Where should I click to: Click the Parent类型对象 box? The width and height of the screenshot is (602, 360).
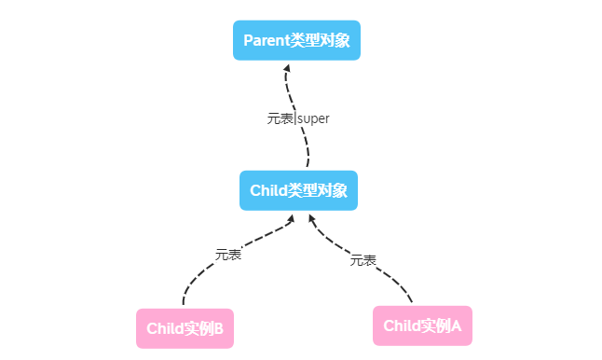296,41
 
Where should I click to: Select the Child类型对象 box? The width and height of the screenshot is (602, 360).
298,190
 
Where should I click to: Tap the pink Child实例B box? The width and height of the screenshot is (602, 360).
185,328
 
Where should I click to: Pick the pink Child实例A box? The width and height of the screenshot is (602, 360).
422,325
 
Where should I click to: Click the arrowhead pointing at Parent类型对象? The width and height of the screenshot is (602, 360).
287,68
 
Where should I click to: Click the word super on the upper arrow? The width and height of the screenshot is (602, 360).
314,118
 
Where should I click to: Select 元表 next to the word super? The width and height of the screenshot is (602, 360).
280,118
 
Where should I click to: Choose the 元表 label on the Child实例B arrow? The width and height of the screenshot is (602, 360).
228,254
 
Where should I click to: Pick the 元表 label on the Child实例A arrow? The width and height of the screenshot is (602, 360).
363,260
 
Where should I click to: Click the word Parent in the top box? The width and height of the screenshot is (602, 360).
267,41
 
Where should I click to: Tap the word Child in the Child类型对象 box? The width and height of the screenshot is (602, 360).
269,190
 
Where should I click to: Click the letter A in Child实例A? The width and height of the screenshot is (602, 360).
457,325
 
